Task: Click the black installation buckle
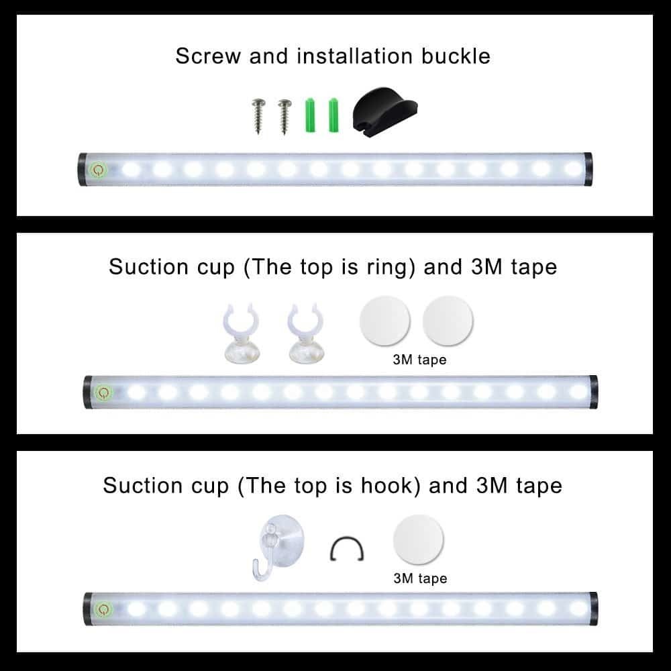tap(384, 112)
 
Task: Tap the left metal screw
tap(258, 116)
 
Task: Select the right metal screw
tap(285, 116)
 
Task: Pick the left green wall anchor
tap(310, 115)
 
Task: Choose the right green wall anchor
tap(333, 115)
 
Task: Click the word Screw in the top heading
tap(208, 56)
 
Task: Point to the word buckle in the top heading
tap(456, 56)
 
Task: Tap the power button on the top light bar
tap(98, 170)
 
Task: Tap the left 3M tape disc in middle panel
tap(384, 321)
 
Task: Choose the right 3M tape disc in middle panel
tap(448, 321)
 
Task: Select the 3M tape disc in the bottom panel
tap(418, 539)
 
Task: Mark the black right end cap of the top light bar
tap(588, 170)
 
